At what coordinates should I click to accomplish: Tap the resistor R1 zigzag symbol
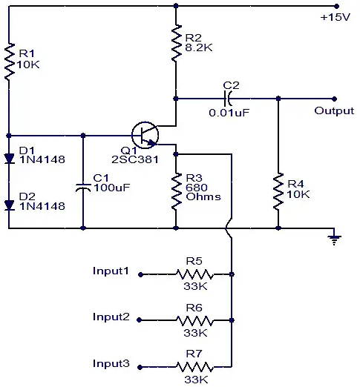click(x=9, y=62)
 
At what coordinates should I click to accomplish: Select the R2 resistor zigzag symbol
click(x=176, y=42)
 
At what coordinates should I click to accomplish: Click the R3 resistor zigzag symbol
click(x=176, y=191)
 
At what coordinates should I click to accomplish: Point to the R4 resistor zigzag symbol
click(x=278, y=191)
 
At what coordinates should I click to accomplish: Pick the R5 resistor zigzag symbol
click(x=194, y=274)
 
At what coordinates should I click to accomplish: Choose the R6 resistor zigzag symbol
click(x=194, y=320)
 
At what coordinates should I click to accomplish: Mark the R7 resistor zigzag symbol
click(x=194, y=367)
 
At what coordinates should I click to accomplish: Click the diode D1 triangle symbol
click(x=10, y=159)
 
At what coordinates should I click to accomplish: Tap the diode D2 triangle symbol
click(x=10, y=205)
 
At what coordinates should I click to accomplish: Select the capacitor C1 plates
click(x=83, y=188)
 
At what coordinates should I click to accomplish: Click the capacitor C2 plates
click(x=227, y=99)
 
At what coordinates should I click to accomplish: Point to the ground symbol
click(x=334, y=239)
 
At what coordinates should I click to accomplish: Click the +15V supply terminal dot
click(x=336, y=6)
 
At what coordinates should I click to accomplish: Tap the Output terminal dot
click(x=334, y=99)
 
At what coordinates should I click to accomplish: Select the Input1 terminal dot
click(x=140, y=274)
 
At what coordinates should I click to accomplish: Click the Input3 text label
click(x=111, y=363)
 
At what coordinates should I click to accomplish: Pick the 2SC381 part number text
click(x=135, y=159)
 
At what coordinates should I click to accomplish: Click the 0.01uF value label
click(x=229, y=113)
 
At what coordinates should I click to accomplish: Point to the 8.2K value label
click(x=199, y=47)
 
